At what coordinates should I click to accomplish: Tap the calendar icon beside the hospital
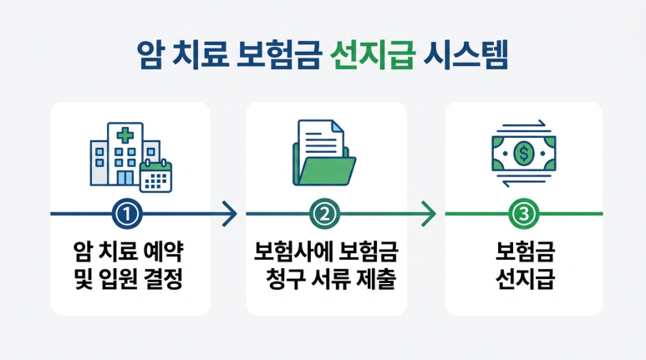coord(155,176)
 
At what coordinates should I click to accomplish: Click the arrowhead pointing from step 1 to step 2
coord(231,215)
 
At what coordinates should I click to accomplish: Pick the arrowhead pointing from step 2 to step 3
coord(430,215)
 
